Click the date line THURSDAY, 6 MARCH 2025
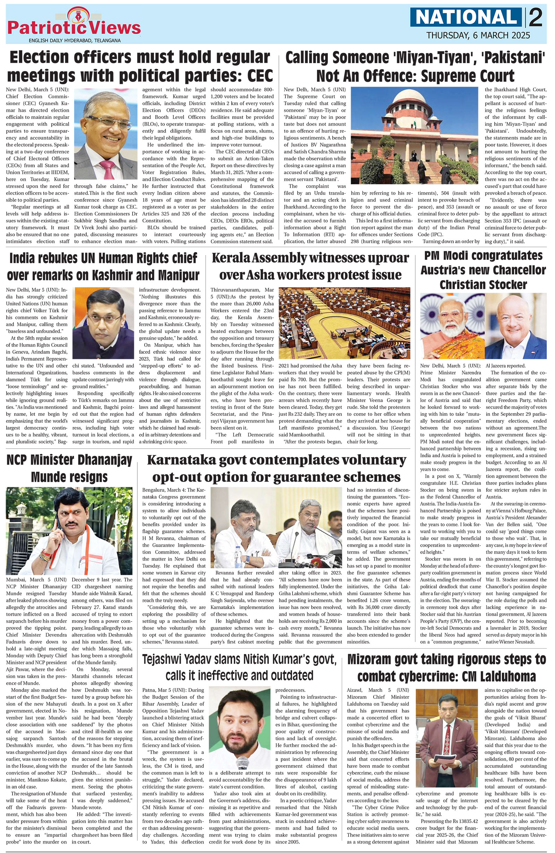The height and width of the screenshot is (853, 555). coord(478,35)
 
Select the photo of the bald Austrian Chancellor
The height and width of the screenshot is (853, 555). coord(515,325)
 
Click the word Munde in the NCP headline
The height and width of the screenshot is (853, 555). coord(49,477)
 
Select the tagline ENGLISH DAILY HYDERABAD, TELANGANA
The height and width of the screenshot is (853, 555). coord(75,41)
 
